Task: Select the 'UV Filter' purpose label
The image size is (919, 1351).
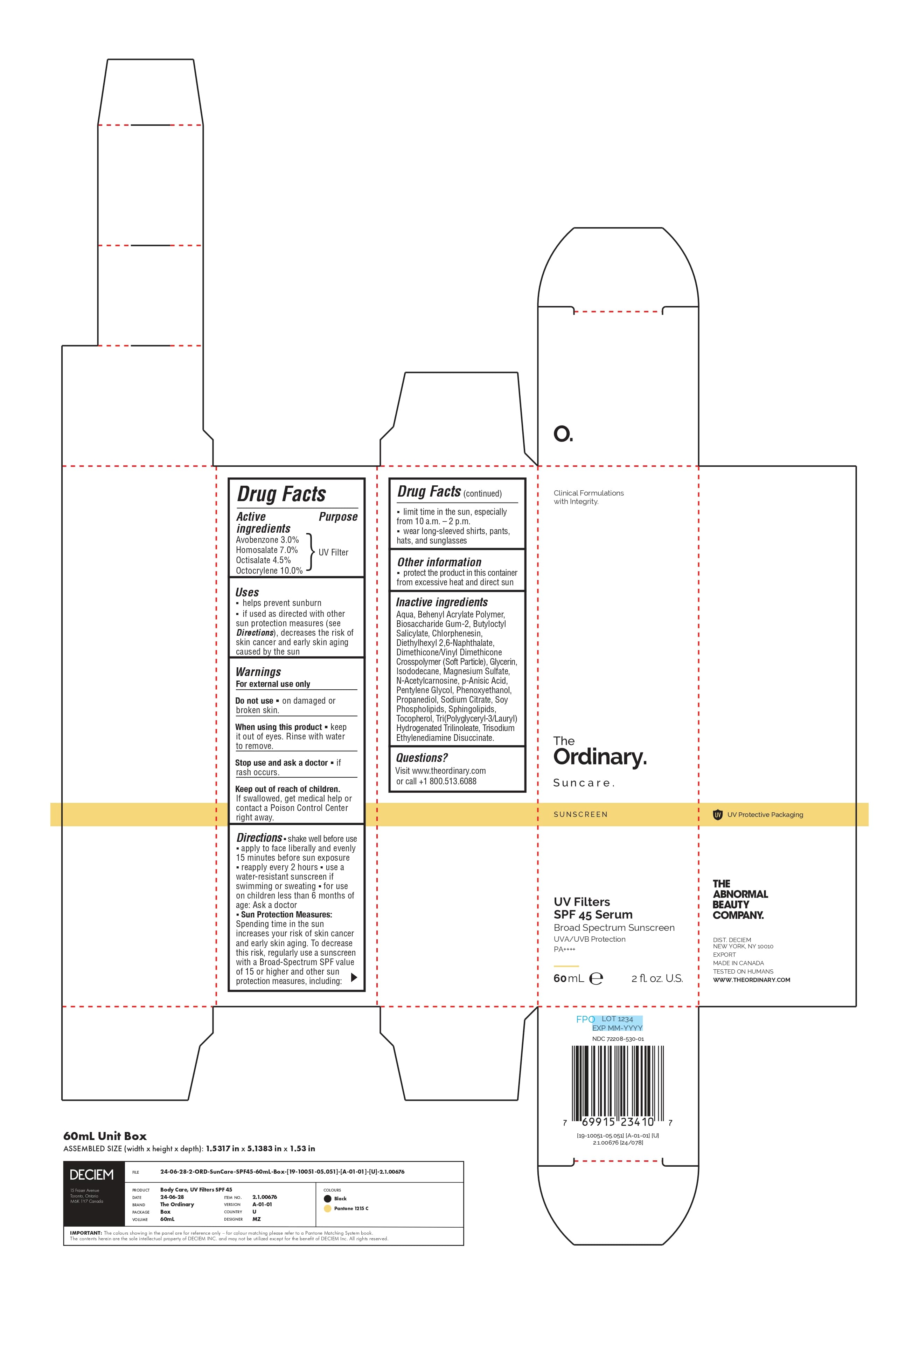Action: pos(333,552)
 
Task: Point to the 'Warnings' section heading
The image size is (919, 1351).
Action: pos(258,672)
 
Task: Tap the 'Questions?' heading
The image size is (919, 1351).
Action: pos(422,758)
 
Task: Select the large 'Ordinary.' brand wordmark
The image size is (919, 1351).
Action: pos(600,757)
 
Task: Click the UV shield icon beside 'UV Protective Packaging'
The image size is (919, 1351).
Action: pos(717,814)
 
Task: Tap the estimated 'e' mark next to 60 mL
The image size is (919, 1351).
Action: pos(596,978)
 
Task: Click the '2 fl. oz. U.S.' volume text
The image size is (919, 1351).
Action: pos(657,978)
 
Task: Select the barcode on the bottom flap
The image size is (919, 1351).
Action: pos(618,1086)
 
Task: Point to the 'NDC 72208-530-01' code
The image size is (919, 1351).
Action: pos(618,1039)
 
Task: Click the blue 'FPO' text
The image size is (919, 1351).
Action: pos(585,1019)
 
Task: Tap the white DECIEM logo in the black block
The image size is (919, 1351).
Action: pos(92,1175)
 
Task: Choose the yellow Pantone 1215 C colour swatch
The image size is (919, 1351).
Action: pos(328,1209)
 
